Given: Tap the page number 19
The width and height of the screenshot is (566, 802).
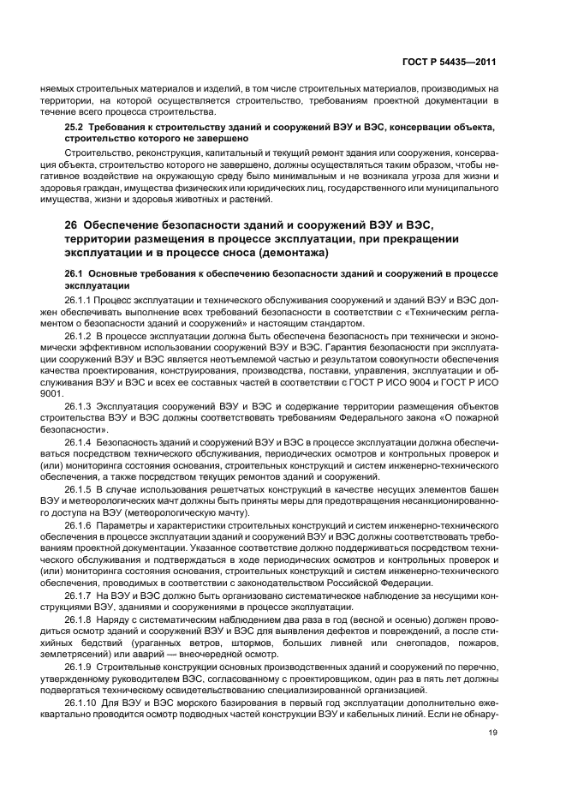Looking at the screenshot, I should coord(492,732).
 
